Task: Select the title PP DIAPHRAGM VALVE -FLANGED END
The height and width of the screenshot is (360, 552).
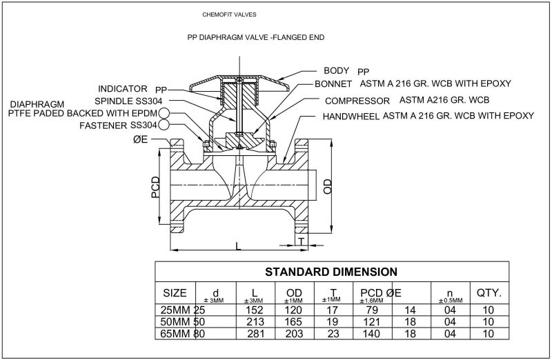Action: (x=256, y=37)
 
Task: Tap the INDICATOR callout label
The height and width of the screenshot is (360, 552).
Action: (x=123, y=89)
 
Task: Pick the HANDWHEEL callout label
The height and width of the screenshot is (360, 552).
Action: (x=351, y=117)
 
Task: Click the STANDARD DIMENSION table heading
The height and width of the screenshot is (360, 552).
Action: (x=331, y=271)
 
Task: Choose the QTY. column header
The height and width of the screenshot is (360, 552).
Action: (x=489, y=293)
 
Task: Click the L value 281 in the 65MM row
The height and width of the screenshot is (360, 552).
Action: (x=257, y=332)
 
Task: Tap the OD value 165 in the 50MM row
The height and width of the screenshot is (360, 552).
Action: (x=294, y=321)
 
